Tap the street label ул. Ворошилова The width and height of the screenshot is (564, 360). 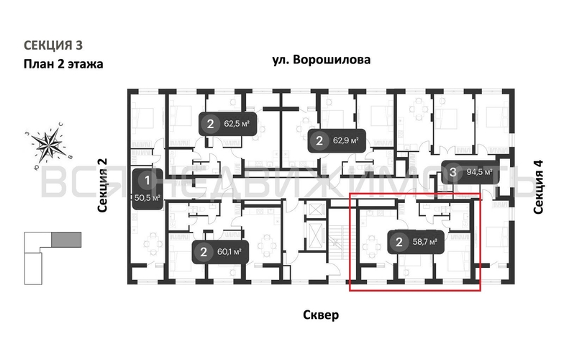pyautogui.click(x=322, y=60)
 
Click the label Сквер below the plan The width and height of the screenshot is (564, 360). pyautogui.click(x=321, y=315)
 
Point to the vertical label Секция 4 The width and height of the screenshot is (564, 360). pyautogui.click(x=539, y=186)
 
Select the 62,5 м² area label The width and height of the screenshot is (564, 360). pyautogui.click(x=236, y=123)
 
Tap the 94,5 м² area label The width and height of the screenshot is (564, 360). pyautogui.click(x=478, y=172)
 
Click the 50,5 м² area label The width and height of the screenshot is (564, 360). pyautogui.click(x=147, y=196)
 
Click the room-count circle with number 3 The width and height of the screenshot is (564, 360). pyautogui.click(x=452, y=172)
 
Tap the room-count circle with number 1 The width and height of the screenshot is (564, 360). pyautogui.click(x=147, y=180)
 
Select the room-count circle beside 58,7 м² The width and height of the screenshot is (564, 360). pyautogui.click(x=399, y=242)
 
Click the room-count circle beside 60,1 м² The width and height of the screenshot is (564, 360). pyautogui.click(x=204, y=252)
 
